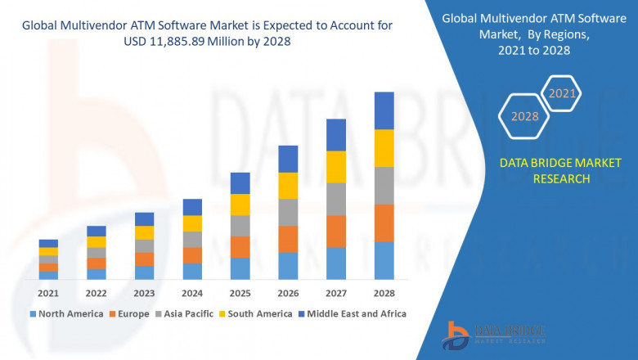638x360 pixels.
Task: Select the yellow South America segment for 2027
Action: pyautogui.click(x=336, y=167)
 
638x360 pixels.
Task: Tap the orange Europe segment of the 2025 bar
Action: pyautogui.click(x=240, y=247)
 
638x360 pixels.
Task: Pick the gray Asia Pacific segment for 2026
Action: pyautogui.click(x=288, y=212)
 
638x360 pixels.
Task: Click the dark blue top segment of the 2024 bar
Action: pyautogui.click(x=192, y=207)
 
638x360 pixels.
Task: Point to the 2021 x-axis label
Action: pyautogui.click(x=48, y=293)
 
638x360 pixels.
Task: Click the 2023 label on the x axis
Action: pyautogui.click(x=144, y=293)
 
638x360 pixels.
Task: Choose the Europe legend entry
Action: pyautogui.click(x=130, y=313)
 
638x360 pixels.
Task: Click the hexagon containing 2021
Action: pyautogui.click(x=562, y=94)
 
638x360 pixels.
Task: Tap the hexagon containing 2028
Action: pyautogui.click(x=524, y=116)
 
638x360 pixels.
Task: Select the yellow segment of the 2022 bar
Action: pyautogui.click(x=97, y=241)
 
